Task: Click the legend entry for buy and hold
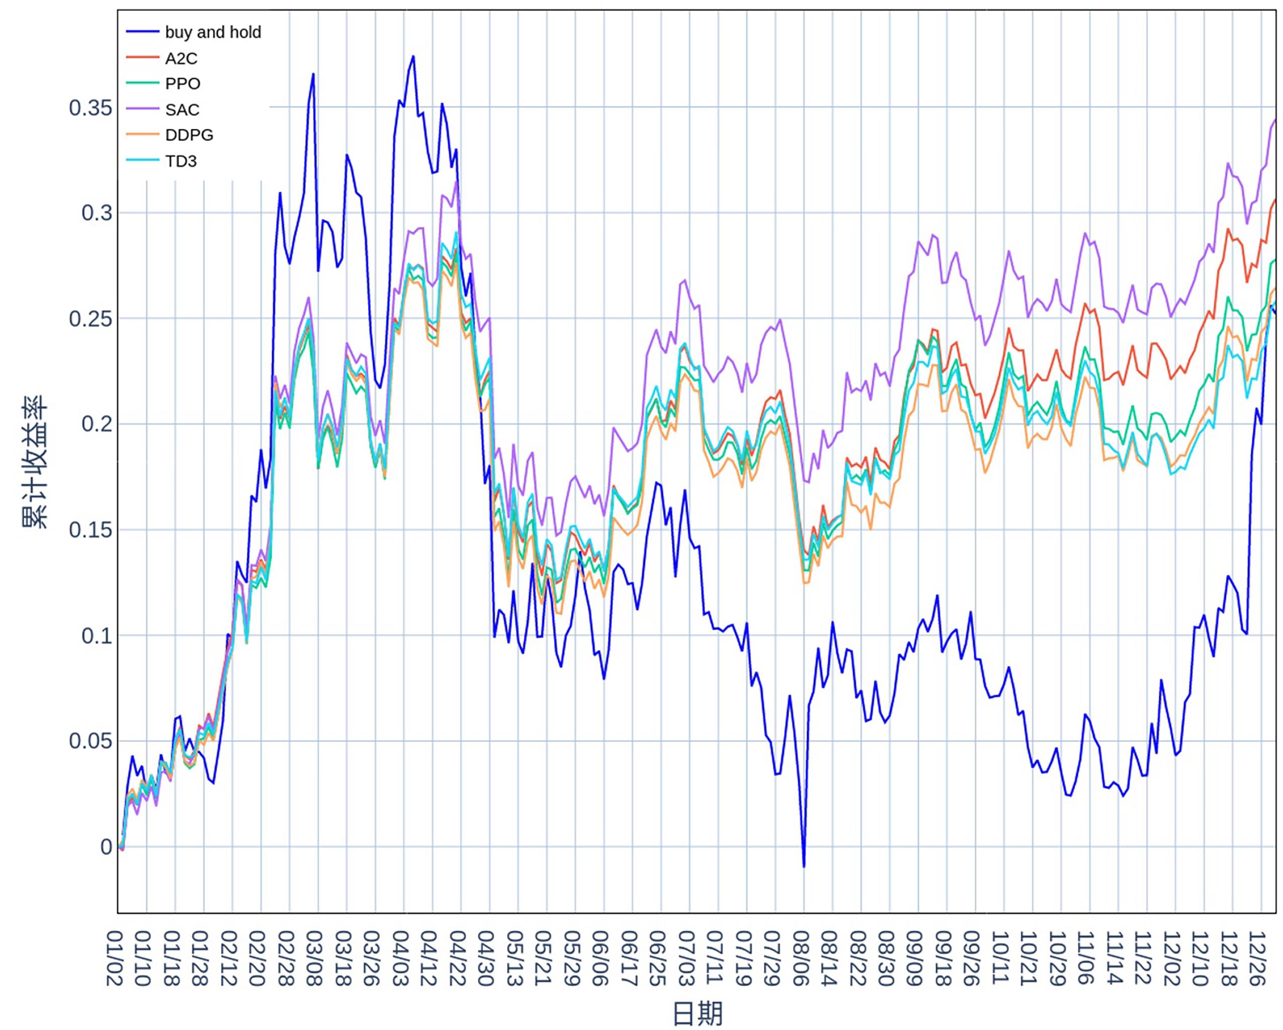tap(212, 32)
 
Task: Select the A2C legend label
tap(181, 58)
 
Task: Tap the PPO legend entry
tap(182, 84)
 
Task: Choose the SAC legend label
tap(182, 110)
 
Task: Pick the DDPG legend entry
tap(189, 135)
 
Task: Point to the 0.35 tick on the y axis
tap(91, 108)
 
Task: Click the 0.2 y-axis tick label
tap(97, 424)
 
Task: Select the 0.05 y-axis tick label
tap(91, 741)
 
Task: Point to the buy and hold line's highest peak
tap(413, 56)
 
